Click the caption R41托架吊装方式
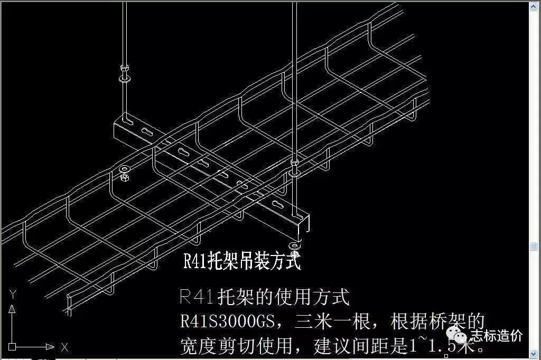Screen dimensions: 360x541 click(x=242, y=261)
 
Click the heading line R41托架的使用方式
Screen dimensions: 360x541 click(x=265, y=298)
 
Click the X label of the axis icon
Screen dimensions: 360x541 click(x=64, y=347)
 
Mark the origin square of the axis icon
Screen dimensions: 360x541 click(x=13, y=347)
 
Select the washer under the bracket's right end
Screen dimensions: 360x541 click(x=294, y=246)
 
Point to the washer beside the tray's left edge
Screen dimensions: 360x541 click(x=125, y=170)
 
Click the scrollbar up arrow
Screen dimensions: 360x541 click(x=535, y=5)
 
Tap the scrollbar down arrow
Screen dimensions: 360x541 click(x=535, y=355)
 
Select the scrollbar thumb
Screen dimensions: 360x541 click(x=535, y=247)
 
